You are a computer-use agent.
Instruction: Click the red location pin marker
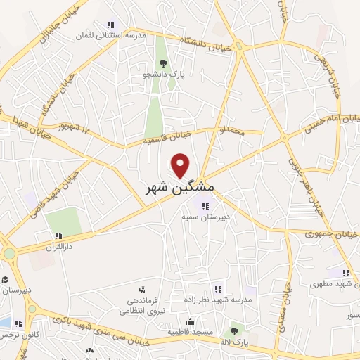tap(181, 166)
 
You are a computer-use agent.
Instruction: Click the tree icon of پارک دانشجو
tap(163, 63)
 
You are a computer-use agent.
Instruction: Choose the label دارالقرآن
tap(58, 247)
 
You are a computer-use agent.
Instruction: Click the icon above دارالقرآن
tap(58, 236)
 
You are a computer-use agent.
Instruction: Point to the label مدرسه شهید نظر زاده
tap(219, 300)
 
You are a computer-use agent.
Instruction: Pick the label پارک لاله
tap(234, 342)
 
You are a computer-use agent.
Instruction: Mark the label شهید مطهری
tap(333, 285)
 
